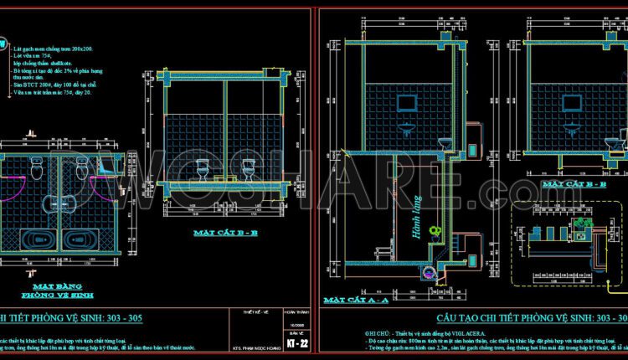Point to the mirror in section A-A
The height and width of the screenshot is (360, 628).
408,105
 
